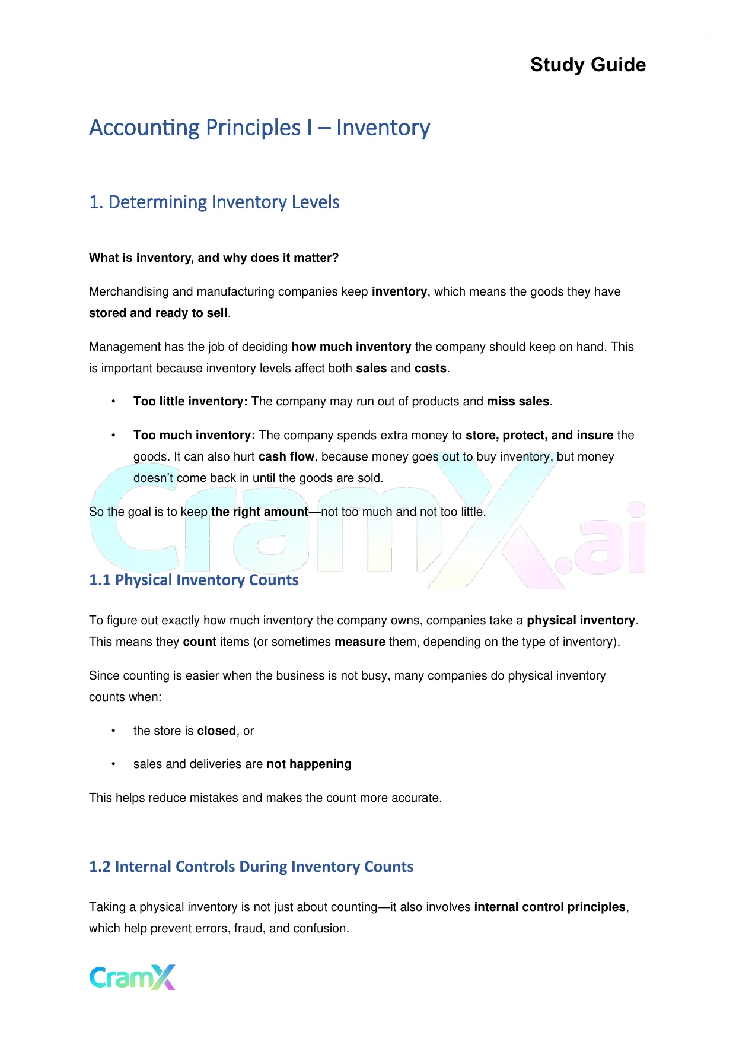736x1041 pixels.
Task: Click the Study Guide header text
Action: tap(588, 65)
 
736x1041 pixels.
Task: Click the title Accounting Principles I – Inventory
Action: tap(259, 128)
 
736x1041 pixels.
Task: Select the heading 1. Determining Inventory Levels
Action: tap(214, 202)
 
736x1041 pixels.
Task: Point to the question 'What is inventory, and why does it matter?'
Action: tap(214, 258)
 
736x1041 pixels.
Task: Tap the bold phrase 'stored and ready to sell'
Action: tap(158, 313)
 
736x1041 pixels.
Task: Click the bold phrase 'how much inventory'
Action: tap(351, 347)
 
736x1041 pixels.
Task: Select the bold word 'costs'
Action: tap(430, 368)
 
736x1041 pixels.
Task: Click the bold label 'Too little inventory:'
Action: tap(190, 401)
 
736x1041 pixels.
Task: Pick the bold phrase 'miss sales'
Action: tap(518, 401)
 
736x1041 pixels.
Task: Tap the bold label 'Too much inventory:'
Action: tap(194, 435)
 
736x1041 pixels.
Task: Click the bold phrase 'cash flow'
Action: tap(286, 456)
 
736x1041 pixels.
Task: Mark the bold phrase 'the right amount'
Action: tap(259, 512)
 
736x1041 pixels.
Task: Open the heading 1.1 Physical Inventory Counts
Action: tap(193, 580)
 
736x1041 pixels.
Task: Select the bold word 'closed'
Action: tap(216, 731)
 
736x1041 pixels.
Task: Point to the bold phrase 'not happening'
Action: tap(308, 764)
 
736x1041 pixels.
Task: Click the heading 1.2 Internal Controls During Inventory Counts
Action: tap(251, 867)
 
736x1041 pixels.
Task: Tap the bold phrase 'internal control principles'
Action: tap(549, 907)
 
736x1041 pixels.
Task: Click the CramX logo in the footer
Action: tap(132, 977)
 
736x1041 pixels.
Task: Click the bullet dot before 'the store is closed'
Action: tap(113, 731)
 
